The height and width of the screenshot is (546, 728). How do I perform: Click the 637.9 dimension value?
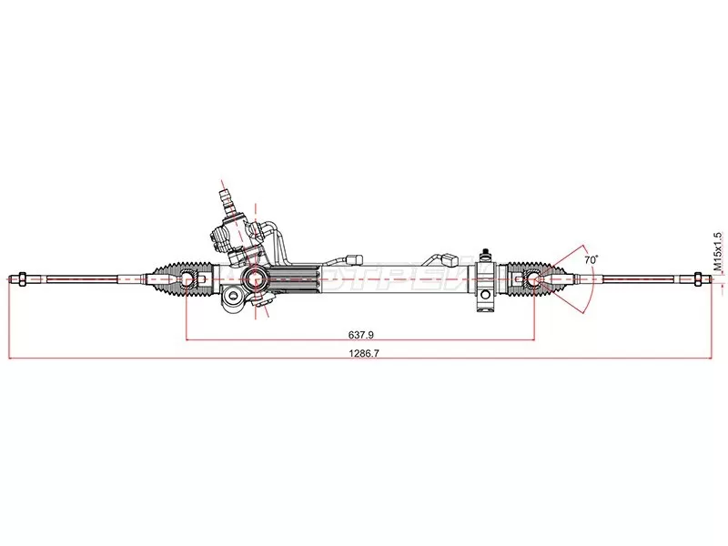[x=359, y=332]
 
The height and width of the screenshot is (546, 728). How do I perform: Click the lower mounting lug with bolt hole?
[x=235, y=298]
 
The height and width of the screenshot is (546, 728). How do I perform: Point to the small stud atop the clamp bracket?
[x=488, y=248]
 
